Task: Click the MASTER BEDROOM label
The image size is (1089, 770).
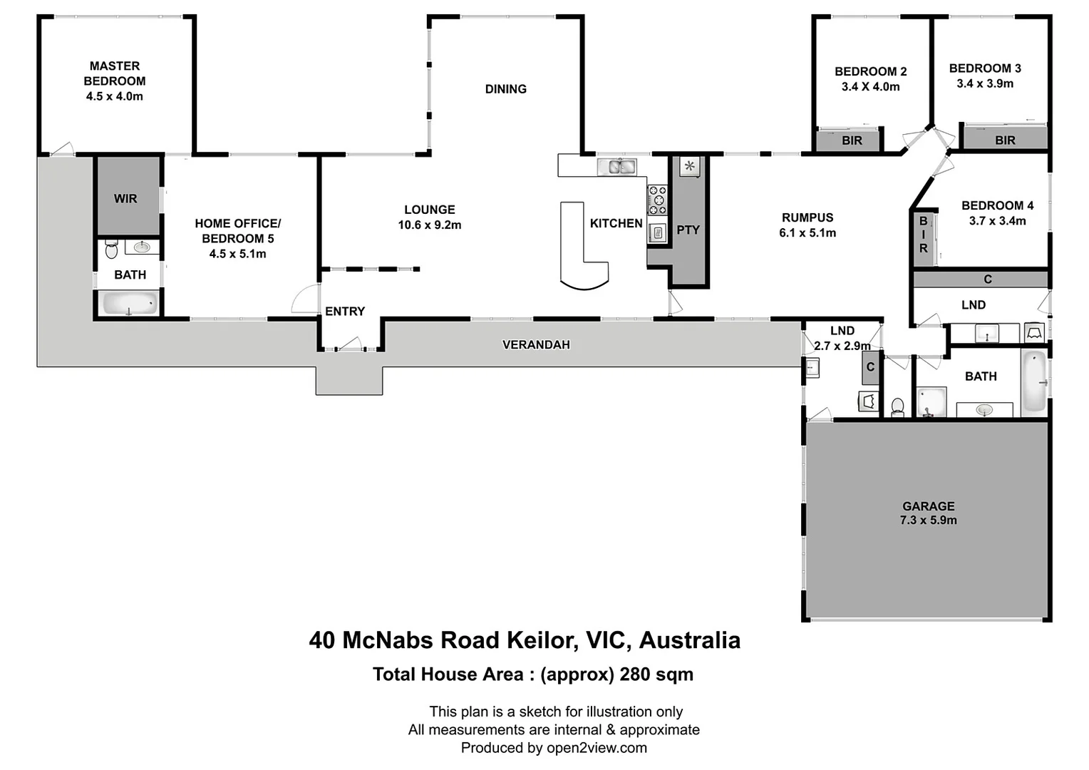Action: point(114,73)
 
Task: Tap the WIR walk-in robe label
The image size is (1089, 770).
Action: point(125,199)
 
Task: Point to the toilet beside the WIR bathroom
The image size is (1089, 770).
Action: point(111,250)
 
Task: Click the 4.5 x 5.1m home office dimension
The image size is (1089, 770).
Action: point(237,254)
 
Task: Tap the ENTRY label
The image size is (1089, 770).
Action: point(345,312)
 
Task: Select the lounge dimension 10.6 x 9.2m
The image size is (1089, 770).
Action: point(430,225)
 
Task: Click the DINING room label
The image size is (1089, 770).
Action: point(506,89)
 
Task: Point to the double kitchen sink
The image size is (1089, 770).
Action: point(616,167)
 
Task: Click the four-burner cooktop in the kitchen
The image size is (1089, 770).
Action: point(657,200)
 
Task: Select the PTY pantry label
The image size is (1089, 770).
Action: point(688,230)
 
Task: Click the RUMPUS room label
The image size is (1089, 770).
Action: point(807,217)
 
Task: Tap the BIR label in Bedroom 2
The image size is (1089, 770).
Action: point(852,140)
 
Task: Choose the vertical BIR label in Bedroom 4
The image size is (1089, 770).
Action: point(924,235)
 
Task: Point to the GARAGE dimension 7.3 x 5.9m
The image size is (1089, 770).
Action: point(928,520)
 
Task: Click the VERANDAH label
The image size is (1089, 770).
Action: point(536,345)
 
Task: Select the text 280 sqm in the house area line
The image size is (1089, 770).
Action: point(656,674)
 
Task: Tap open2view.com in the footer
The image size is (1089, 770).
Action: point(597,748)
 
